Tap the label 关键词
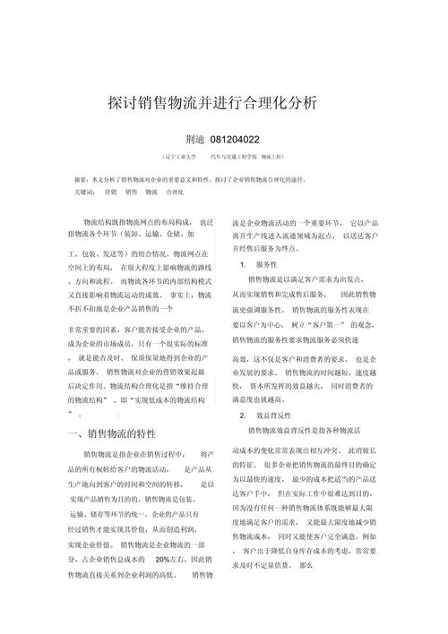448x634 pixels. [86, 192]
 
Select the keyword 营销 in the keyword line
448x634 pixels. [110, 192]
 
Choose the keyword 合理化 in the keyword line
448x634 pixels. [175, 192]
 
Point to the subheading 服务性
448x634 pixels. [266, 265]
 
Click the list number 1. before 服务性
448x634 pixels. [244, 265]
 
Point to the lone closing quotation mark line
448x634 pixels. [71, 415]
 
